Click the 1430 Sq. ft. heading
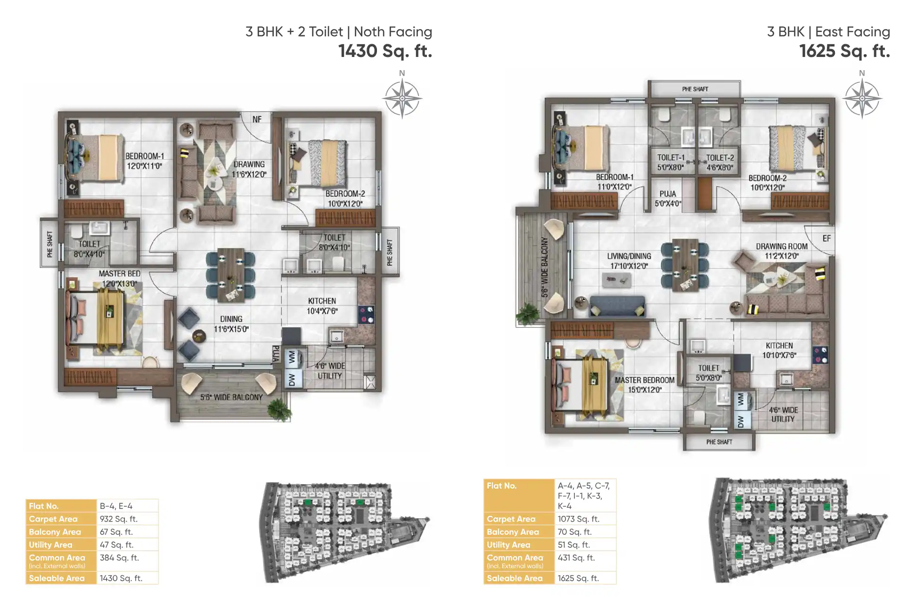click(385, 51)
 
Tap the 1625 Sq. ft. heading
click(844, 51)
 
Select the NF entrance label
click(257, 120)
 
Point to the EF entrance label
click(826, 239)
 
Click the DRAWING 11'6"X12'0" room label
click(249, 169)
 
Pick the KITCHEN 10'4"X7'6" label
click(322, 306)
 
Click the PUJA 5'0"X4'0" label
click(668, 199)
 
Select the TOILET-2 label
click(720, 158)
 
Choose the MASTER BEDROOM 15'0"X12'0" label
click(645, 385)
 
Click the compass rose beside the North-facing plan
click(402, 98)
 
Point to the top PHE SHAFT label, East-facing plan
click(695, 89)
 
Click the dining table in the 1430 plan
click(230, 275)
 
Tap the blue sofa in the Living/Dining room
click(617, 306)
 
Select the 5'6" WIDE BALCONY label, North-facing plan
click(231, 397)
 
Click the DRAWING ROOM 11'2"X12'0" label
click(782, 251)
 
